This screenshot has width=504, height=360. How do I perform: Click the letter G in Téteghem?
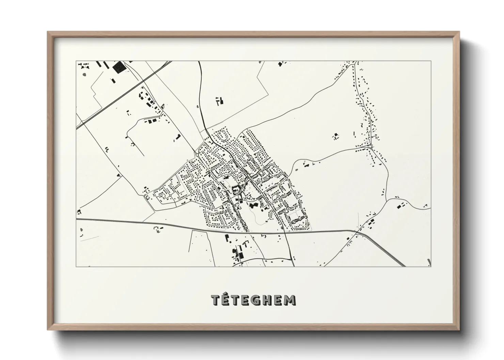[x=257, y=300]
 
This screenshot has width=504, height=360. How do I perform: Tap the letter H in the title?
[x=268, y=300]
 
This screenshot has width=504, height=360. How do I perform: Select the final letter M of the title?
[x=290, y=300]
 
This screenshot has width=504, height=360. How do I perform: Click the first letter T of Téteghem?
[x=216, y=300]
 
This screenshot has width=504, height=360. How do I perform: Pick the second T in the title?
[x=236, y=300]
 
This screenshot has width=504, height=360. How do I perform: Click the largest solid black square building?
[x=118, y=67]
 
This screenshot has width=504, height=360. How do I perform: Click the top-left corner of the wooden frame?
[x=48, y=32]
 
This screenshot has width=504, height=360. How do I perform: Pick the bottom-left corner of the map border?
[x=76, y=266]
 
